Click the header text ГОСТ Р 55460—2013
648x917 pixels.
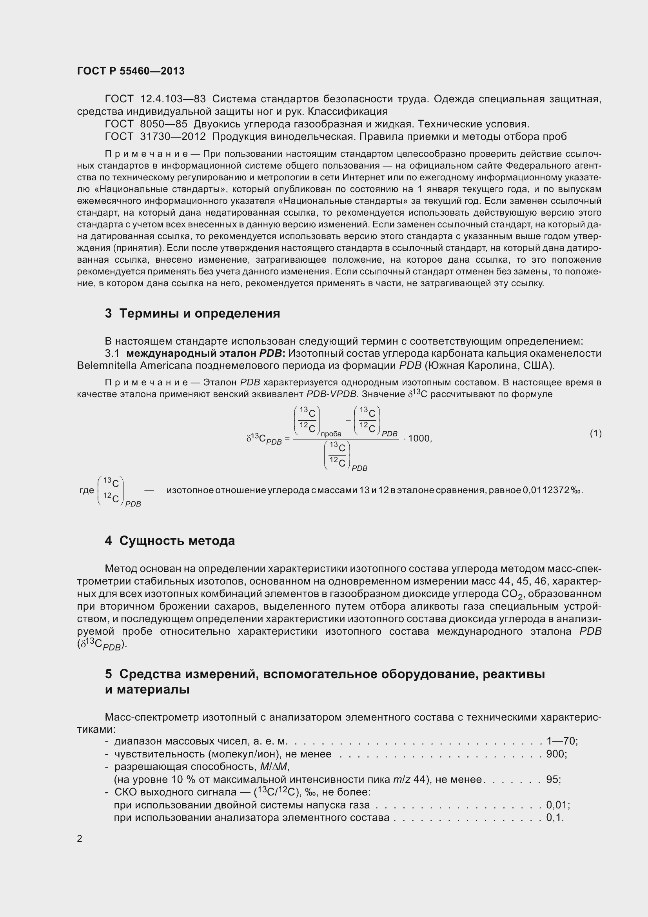tap(131, 71)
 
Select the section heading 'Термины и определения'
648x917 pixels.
tap(192, 314)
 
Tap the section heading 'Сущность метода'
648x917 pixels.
tap(170, 541)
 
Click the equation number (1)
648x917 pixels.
tap(595, 433)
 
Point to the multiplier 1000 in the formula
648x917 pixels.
tap(419, 439)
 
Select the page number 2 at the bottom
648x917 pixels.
tap(80, 838)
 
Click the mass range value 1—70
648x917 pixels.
tap(561, 741)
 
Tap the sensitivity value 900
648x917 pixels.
tap(555, 754)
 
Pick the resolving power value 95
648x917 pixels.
tap(552, 780)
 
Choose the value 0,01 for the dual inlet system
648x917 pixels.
tap(557, 805)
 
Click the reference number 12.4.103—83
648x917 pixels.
tap(173, 99)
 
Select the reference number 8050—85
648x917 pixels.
tap(164, 124)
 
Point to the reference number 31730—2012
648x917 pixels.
tap(173, 136)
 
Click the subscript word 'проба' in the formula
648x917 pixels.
tap(330, 434)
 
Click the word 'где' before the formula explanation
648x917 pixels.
tap(87, 490)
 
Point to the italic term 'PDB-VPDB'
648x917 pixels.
tap(331, 394)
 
